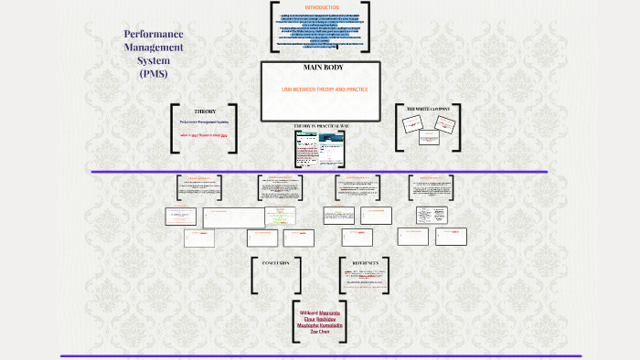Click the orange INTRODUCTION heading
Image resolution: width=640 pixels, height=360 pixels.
(308, 7)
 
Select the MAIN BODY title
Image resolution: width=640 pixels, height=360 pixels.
(320, 69)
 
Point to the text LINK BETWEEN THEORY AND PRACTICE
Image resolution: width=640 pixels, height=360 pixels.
(319, 89)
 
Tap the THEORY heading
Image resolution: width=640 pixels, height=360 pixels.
(205, 111)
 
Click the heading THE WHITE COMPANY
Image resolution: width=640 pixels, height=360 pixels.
(429, 109)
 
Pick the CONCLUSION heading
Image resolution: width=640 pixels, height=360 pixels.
(275, 263)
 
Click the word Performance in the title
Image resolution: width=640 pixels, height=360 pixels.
(154, 35)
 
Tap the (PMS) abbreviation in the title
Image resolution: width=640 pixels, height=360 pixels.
(154, 73)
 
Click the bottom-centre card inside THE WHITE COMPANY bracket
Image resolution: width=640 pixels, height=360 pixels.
(429, 138)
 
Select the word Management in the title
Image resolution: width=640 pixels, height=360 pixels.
(154, 48)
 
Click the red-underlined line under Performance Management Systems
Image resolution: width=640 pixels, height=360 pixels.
(204, 135)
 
